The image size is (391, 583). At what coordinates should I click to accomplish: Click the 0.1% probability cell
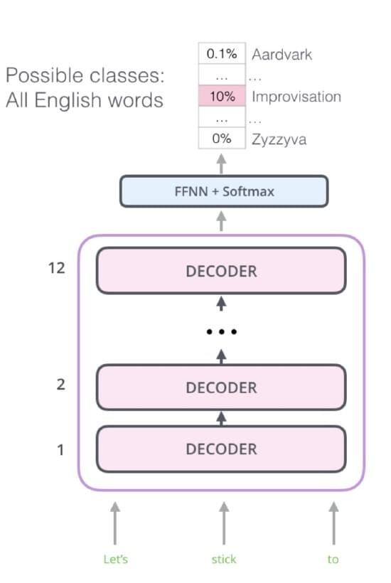(222, 53)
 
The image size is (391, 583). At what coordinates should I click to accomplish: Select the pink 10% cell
(222, 96)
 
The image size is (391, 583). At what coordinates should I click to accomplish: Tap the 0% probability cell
(222, 139)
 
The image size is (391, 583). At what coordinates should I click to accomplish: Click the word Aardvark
(282, 55)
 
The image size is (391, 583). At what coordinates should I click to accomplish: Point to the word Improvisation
(296, 97)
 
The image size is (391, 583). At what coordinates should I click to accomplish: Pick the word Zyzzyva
(279, 140)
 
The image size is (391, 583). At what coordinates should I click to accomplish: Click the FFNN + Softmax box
(224, 191)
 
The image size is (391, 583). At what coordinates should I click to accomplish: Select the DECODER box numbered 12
(221, 271)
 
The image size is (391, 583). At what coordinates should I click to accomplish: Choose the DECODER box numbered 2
(221, 387)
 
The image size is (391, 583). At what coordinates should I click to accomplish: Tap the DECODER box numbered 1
(221, 449)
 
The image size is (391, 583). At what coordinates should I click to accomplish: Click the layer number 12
(56, 268)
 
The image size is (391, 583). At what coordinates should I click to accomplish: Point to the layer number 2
(60, 385)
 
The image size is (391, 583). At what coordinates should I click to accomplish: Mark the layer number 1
(60, 450)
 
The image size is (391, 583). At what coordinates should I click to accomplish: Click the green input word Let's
(116, 560)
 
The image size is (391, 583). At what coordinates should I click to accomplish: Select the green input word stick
(224, 560)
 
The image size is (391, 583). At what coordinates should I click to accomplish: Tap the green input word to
(333, 560)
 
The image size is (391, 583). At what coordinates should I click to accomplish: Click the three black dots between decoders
(222, 331)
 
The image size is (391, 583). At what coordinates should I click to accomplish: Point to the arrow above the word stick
(224, 523)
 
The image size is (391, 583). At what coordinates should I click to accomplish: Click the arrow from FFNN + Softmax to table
(222, 164)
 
